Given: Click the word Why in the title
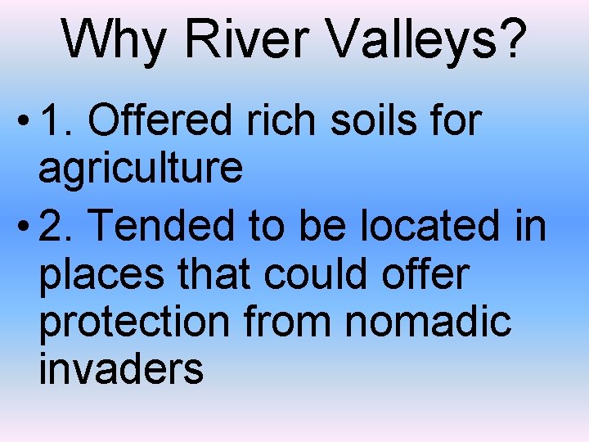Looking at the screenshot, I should coord(112,38).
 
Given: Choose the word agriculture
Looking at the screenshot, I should coord(141,169).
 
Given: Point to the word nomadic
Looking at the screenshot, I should coord(428,322).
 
